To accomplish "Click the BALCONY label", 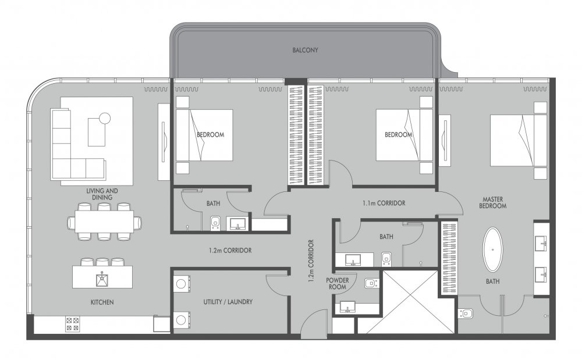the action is [305, 50].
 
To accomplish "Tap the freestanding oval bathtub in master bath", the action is [492, 249].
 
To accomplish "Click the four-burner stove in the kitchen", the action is [72, 324].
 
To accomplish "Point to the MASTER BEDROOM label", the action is [492, 202].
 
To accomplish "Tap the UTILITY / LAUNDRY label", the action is [228, 302].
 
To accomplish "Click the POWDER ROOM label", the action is [338, 284].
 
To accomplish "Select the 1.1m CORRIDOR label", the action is [384, 203].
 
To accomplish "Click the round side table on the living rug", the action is [105, 118].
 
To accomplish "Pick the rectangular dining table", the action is [104, 222].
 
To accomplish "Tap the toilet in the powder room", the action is [371, 284].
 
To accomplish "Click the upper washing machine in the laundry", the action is [182, 284].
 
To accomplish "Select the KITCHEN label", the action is [102, 302].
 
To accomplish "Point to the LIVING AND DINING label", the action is [102, 194].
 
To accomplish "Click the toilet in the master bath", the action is [466, 313].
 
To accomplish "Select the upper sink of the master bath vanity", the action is [541, 243].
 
